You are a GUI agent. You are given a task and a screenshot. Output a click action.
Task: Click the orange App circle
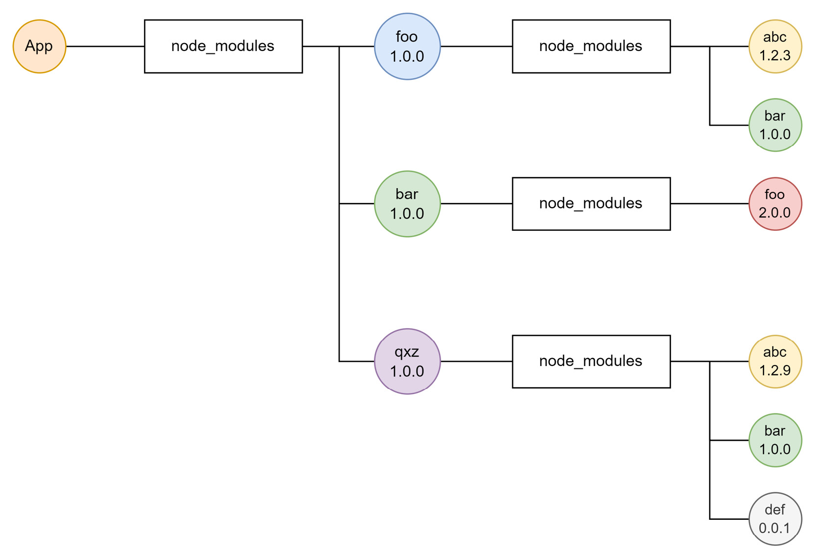(x=39, y=47)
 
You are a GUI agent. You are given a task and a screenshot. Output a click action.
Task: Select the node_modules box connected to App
(x=223, y=47)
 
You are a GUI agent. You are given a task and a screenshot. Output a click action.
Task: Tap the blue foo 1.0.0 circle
(x=407, y=47)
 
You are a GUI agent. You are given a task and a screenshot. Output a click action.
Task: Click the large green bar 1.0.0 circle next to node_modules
(x=407, y=204)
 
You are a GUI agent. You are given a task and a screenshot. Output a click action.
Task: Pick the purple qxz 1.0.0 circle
(x=407, y=362)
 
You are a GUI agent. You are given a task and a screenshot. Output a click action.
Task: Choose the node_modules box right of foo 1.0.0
(x=591, y=47)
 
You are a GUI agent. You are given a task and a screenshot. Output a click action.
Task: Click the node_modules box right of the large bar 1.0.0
(x=591, y=204)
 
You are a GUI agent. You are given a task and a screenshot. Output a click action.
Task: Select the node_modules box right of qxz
(x=591, y=362)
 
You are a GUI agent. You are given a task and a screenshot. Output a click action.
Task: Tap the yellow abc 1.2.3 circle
(x=775, y=47)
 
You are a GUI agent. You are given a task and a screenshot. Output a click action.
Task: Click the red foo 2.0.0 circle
(x=775, y=204)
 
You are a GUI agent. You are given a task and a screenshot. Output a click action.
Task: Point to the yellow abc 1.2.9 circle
(x=775, y=362)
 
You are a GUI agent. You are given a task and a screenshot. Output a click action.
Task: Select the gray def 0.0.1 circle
(x=775, y=519)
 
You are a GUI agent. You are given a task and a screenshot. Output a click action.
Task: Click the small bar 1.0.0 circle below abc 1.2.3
(x=775, y=125)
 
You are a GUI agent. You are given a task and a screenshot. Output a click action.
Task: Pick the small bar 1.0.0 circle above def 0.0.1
(x=775, y=440)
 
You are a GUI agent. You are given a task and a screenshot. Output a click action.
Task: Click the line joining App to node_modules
(x=105, y=47)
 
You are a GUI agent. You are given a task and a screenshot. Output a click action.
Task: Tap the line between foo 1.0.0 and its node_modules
(x=476, y=47)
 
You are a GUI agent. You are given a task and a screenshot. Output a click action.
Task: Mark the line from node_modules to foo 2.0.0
(x=709, y=204)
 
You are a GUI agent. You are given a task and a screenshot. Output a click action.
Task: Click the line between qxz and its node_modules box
(x=476, y=362)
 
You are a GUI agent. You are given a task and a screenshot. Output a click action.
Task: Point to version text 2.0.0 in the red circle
(x=775, y=213)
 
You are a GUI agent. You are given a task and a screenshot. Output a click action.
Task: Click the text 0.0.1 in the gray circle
(x=775, y=528)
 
